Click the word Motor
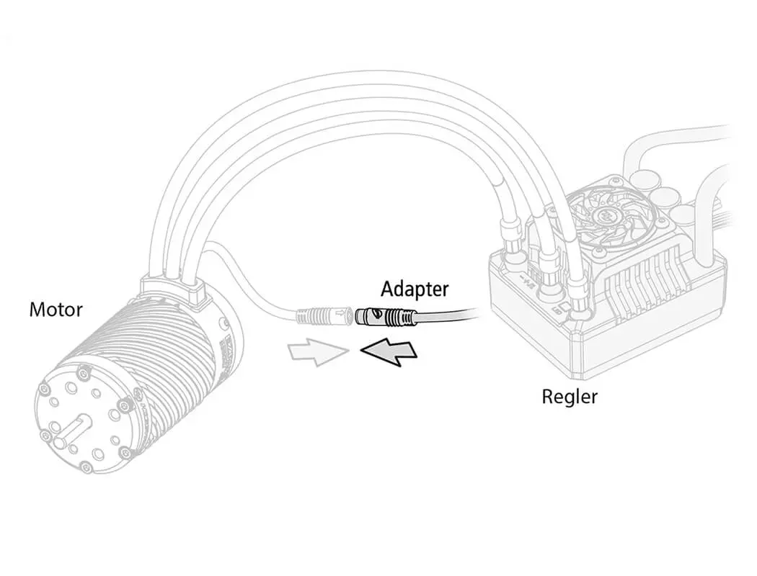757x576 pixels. (x=56, y=310)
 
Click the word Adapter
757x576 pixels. (x=414, y=289)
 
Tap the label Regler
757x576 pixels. (x=570, y=396)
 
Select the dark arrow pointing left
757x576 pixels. (x=389, y=352)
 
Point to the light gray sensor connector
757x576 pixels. (x=324, y=315)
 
